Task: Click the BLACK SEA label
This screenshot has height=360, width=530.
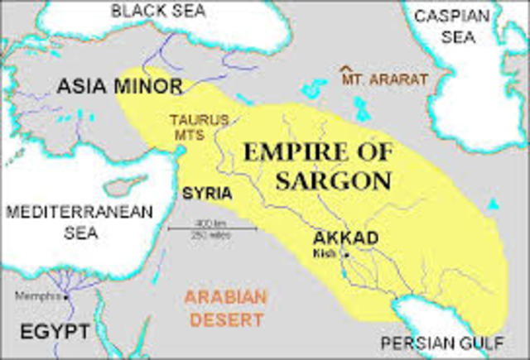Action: pyautogui.click(x=159, y=11)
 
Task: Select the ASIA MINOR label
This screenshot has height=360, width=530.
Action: pyautogui.click(x=122, y=84)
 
